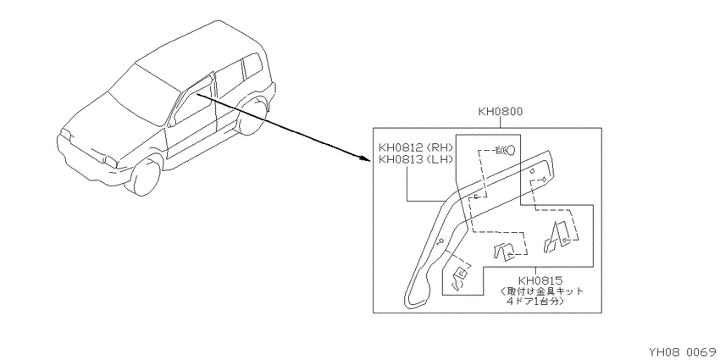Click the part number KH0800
coord(500,112)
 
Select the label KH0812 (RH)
coord(416,147)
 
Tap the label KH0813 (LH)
coord(416,159)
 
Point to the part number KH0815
coord(541,280)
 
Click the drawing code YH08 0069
coord(683,352)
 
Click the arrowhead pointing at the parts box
coord(364,159)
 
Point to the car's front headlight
coord(111,160)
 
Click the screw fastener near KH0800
coord(505,150)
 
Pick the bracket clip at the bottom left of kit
coord(460,279)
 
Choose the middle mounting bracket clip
coord(504,252)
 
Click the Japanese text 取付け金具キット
coord(542,291)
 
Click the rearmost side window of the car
coord(252,65)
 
